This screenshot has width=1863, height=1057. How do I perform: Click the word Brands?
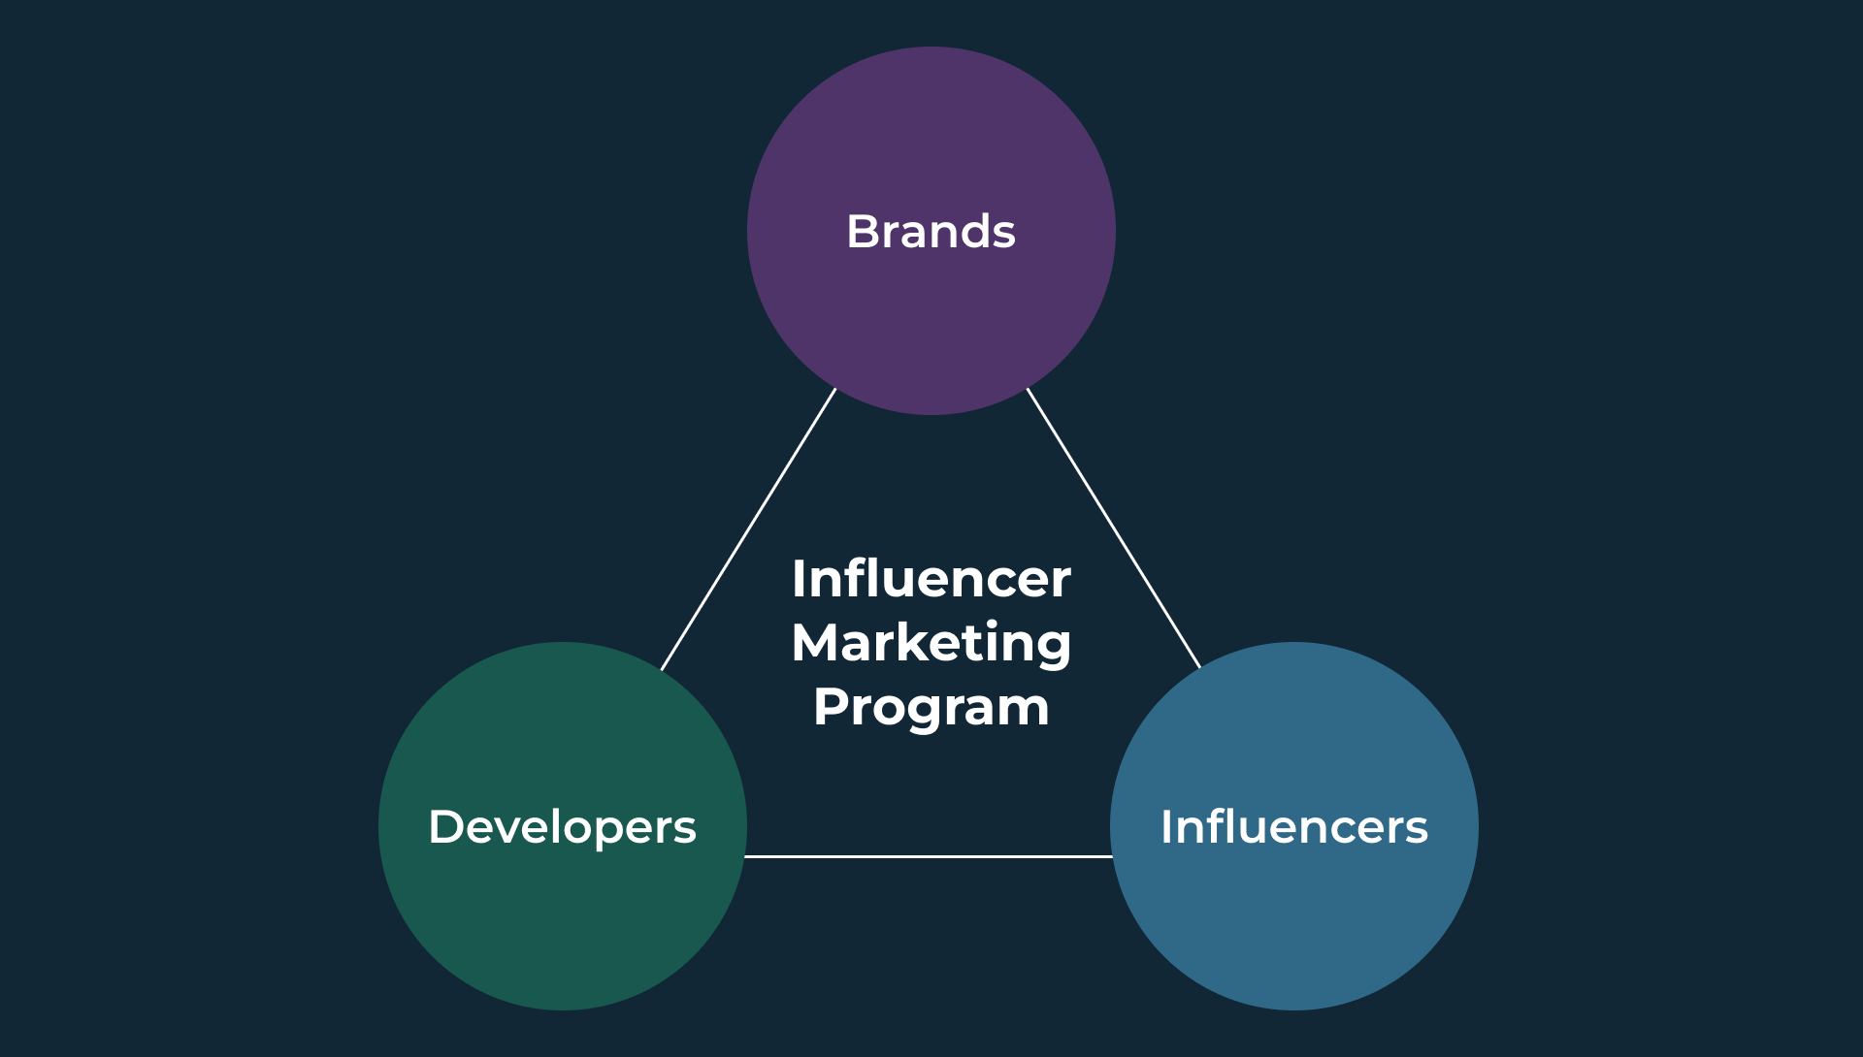click(x=931, y=232)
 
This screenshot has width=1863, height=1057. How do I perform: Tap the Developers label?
click(x=563, y=828)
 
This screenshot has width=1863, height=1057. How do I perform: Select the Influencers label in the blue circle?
click(x=1294, y=827)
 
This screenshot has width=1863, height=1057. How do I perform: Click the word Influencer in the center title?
click(x=931, y=579)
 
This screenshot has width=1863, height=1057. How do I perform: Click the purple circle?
click(x=931, y=231)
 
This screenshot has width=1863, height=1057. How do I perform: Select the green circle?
click(x=563, y=826)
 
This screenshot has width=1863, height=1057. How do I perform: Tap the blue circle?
click(x=1294, y=826)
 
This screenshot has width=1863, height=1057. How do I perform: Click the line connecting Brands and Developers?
click(x=748, y=529)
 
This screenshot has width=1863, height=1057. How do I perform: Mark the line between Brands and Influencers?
click(x=1114, y=528)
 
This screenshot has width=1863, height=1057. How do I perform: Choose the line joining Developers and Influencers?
click(x=929, y=856)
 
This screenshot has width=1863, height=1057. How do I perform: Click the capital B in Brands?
click(x=864, y=232)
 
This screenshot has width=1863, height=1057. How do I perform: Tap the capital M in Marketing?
click(x=817, y=643)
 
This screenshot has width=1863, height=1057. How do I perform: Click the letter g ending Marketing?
click(x=1055, y=650)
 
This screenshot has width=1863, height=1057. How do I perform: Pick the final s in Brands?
click(x=1002, y=237)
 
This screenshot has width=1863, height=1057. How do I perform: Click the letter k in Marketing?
click(x=931, y=641)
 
